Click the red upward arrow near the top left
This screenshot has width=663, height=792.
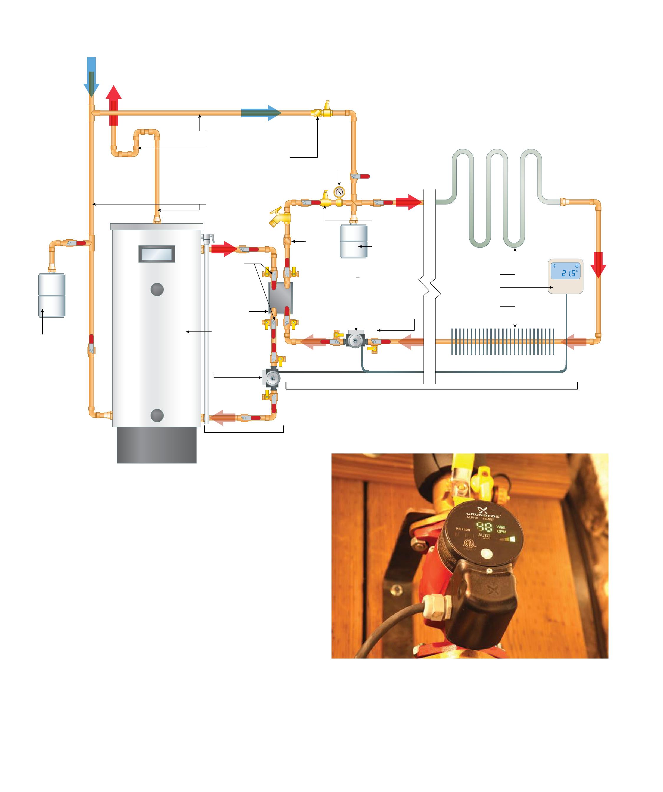[x=113, y=105]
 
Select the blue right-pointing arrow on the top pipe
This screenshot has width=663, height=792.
[x=261, y=112]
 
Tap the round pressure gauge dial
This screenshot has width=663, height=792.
[x=339, y=192]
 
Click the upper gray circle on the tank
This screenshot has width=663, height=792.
[x=157, y=289]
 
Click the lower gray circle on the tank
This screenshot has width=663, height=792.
[x=157, y=415]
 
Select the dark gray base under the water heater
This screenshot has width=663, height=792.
[x=156, y=445]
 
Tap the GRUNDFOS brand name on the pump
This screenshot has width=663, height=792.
[x=483, y=515]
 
